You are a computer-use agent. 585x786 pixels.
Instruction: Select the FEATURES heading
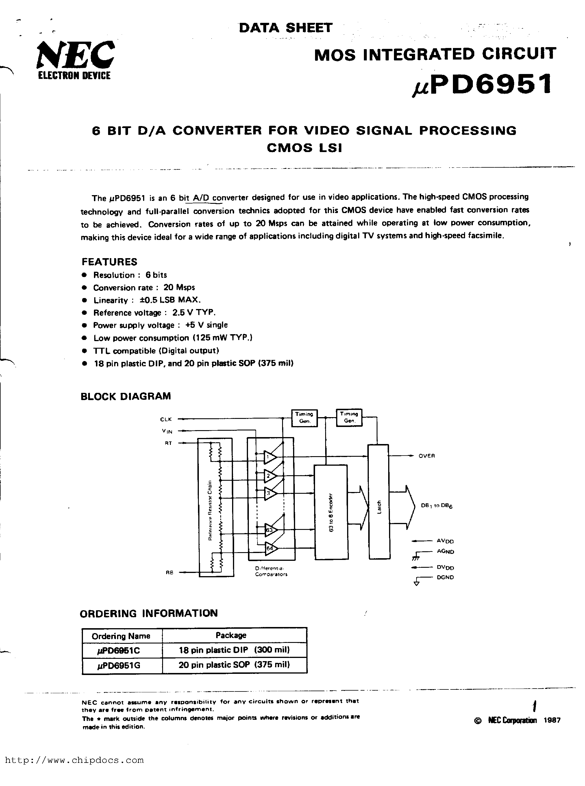tap(110, 262)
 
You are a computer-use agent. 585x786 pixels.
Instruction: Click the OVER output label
tap(426, 456)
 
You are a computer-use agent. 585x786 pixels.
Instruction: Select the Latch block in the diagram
tap(379, 502)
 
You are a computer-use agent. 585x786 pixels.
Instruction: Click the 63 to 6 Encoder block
tap(331, 513)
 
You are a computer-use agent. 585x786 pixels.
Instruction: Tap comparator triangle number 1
tap(270, 458)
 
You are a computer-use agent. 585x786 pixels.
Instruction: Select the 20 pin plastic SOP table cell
tap(234, 665)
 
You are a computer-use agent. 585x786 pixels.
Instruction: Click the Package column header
tap(231, 635)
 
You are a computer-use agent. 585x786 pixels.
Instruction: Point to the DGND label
tap(445, 577)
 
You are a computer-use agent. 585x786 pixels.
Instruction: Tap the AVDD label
tap(445, 541)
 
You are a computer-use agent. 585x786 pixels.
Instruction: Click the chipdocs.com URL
tap(74, 760)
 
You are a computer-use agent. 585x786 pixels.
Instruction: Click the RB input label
tap(169, 572)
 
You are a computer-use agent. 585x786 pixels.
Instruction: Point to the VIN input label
tap(167, 431)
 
